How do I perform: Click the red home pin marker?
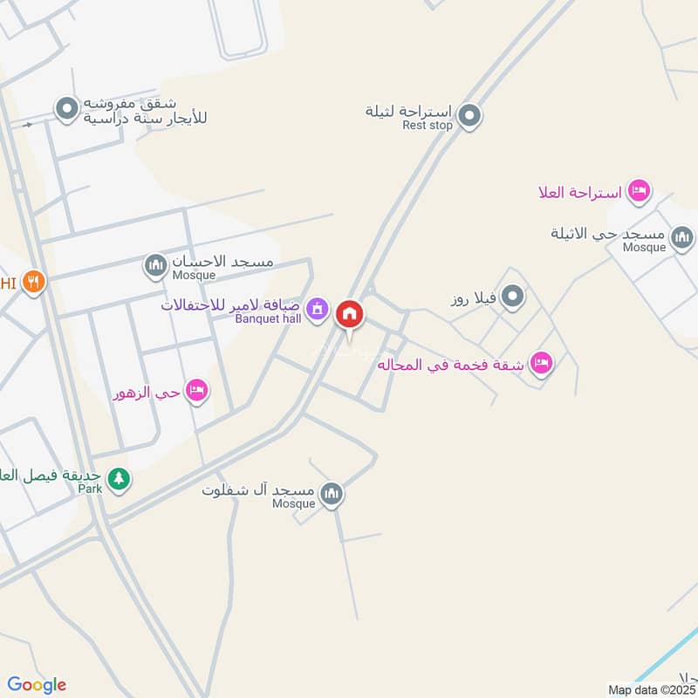coord(350,314)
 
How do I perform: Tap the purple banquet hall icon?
coord(319,308)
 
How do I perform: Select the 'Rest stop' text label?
coord(428,126)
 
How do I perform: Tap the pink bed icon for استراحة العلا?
coord(640,191)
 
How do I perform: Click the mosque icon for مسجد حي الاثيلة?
coord(681,236)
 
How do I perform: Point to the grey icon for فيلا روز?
coord(514,298)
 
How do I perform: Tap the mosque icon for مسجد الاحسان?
coord(155,263)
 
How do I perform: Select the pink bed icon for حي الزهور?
coord(197,392)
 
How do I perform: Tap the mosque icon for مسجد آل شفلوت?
coord(331,495)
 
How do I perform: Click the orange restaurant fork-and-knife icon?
coord(33,282)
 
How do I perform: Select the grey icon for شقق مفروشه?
coord(66,109)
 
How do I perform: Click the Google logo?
coord(37,685)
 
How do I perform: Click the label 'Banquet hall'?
coord(268,319)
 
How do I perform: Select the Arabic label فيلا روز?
coord(473,298)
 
